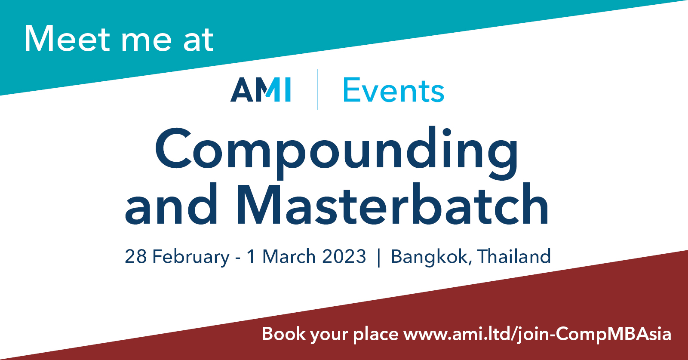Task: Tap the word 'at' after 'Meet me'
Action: coord(198,40)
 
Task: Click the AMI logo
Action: coord(261,89)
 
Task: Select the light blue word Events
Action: coord(393,90)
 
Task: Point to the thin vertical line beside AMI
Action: coord(317,89)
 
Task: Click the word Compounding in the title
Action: coord(337,152)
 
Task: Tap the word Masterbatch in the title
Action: coord(392,204)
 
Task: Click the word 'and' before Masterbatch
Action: coord(171,204)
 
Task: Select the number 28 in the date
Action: coord(135,256)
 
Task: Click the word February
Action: coord(191,257)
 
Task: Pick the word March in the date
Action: coord(289,256)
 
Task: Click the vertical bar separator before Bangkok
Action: coord(378,257)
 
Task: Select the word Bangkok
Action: coord(429,257)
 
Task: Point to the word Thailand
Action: coord(514,256)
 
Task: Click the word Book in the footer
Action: coord(283,334)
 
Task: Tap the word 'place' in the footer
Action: coord(376,335)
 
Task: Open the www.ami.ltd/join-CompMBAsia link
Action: coord(537,334)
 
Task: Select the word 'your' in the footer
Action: coord(329,336)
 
